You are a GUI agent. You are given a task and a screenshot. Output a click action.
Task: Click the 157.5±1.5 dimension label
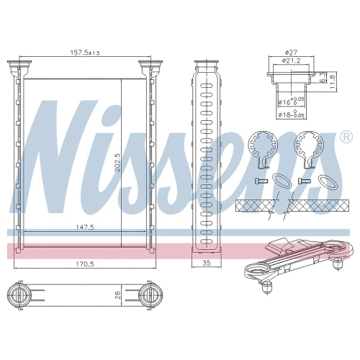85,53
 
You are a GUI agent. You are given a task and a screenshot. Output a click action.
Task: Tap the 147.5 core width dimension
85,227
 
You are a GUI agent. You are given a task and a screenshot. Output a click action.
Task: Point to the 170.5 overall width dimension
85,264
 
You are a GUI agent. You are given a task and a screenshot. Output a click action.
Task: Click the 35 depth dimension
207,263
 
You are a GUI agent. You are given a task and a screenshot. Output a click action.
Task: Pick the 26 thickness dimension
118,295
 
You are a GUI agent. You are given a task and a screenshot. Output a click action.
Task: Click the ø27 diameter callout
291,52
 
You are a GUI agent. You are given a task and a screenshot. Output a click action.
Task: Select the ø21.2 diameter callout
291,60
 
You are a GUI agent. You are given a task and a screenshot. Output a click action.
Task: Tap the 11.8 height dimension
332,82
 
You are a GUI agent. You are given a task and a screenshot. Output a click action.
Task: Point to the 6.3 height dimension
323,78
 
